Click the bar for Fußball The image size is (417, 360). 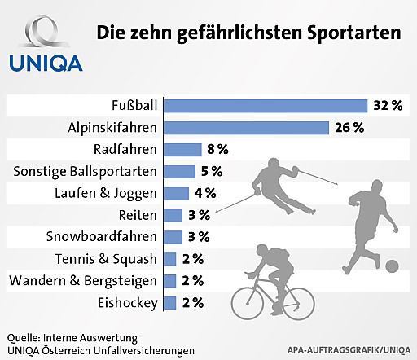click(x=266, y=105)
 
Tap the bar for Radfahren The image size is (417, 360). click(x=182, y=149)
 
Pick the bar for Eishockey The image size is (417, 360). click(x=170, y=303)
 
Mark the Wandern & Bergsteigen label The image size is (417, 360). click(x=84, y=281)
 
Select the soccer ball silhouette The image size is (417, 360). click(x=392, y=266)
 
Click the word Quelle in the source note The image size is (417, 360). click(x=25, y=336)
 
